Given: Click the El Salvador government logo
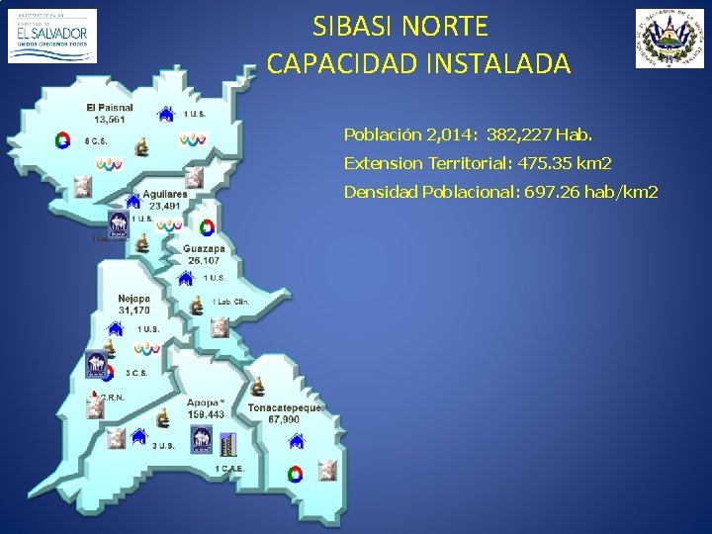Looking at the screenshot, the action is tap(52, 36).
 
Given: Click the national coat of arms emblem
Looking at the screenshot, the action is tap(669, 39).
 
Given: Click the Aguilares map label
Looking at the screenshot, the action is tap(164, 195).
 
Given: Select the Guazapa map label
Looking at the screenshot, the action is tap(204, 249).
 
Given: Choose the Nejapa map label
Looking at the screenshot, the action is tap(133, 299).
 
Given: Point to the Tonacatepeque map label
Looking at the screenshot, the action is tap(284, 407).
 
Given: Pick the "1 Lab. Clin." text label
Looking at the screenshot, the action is tap(230, 302).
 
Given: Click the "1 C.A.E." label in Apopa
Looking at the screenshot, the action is tap(230, 468).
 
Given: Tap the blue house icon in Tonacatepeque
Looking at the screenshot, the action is tap(295, 441).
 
